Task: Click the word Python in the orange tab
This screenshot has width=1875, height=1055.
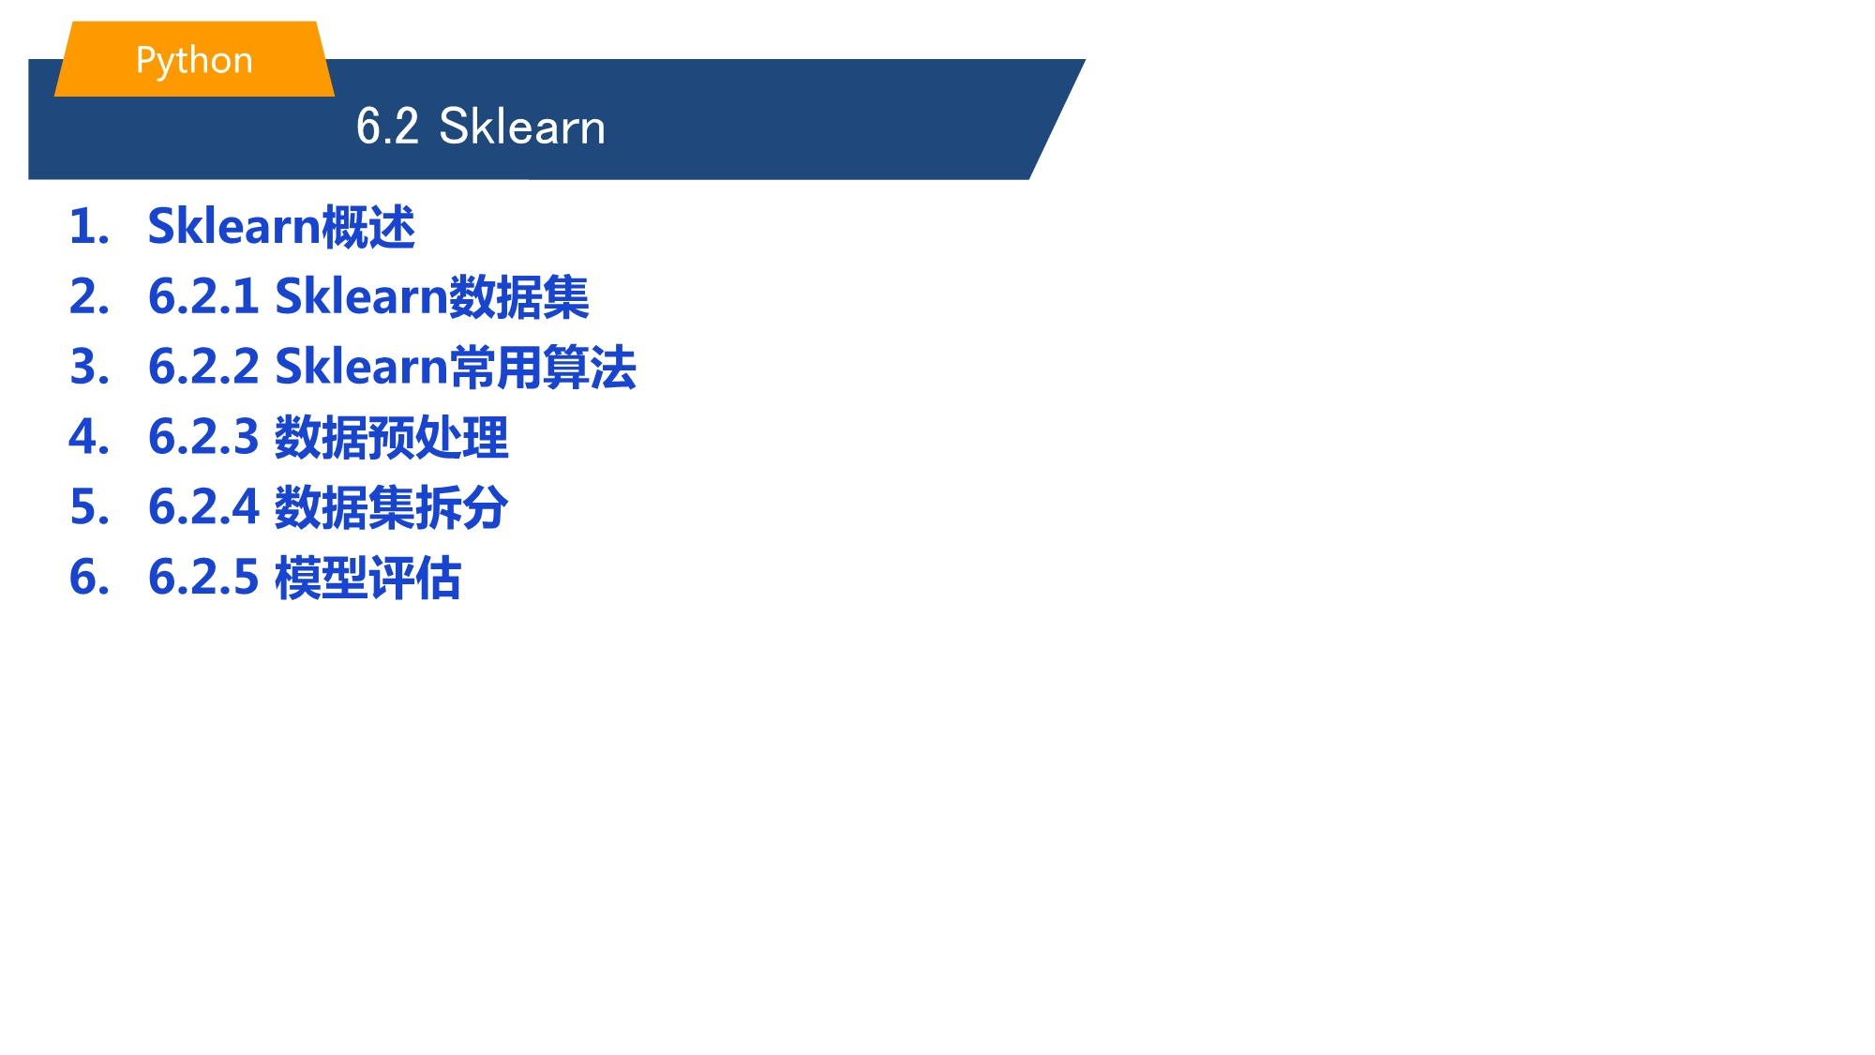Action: point(194,61)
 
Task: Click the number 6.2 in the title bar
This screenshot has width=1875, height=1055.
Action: point(387,127)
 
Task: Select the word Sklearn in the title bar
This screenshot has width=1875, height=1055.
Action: point(522,127)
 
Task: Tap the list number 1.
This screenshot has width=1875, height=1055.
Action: point(89,227)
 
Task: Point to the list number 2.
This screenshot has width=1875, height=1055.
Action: point(89,297)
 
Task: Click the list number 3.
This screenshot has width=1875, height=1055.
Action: point(89,367)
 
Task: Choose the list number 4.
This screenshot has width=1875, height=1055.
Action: point(89,437)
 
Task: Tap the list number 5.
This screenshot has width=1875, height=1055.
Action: point(89,507)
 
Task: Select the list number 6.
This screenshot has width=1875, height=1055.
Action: point(89,577)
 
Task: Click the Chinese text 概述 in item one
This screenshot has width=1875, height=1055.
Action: point(368,227)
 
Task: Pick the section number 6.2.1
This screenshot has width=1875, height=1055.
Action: point(203,297)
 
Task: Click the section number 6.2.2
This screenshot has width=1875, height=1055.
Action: point(203,367)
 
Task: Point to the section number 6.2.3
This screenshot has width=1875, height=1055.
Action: point(203,437)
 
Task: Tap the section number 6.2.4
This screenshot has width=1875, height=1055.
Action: point(203,507)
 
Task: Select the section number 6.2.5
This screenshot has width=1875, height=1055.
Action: point(203,577)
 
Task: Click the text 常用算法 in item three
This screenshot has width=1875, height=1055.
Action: point(543,367)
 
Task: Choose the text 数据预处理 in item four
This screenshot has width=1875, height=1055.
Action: point(392,438)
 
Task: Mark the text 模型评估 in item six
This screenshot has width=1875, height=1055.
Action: point(368,578)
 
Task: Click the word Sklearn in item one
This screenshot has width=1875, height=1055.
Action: point(234,227)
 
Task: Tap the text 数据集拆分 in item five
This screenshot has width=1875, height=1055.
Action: point(392,507)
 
